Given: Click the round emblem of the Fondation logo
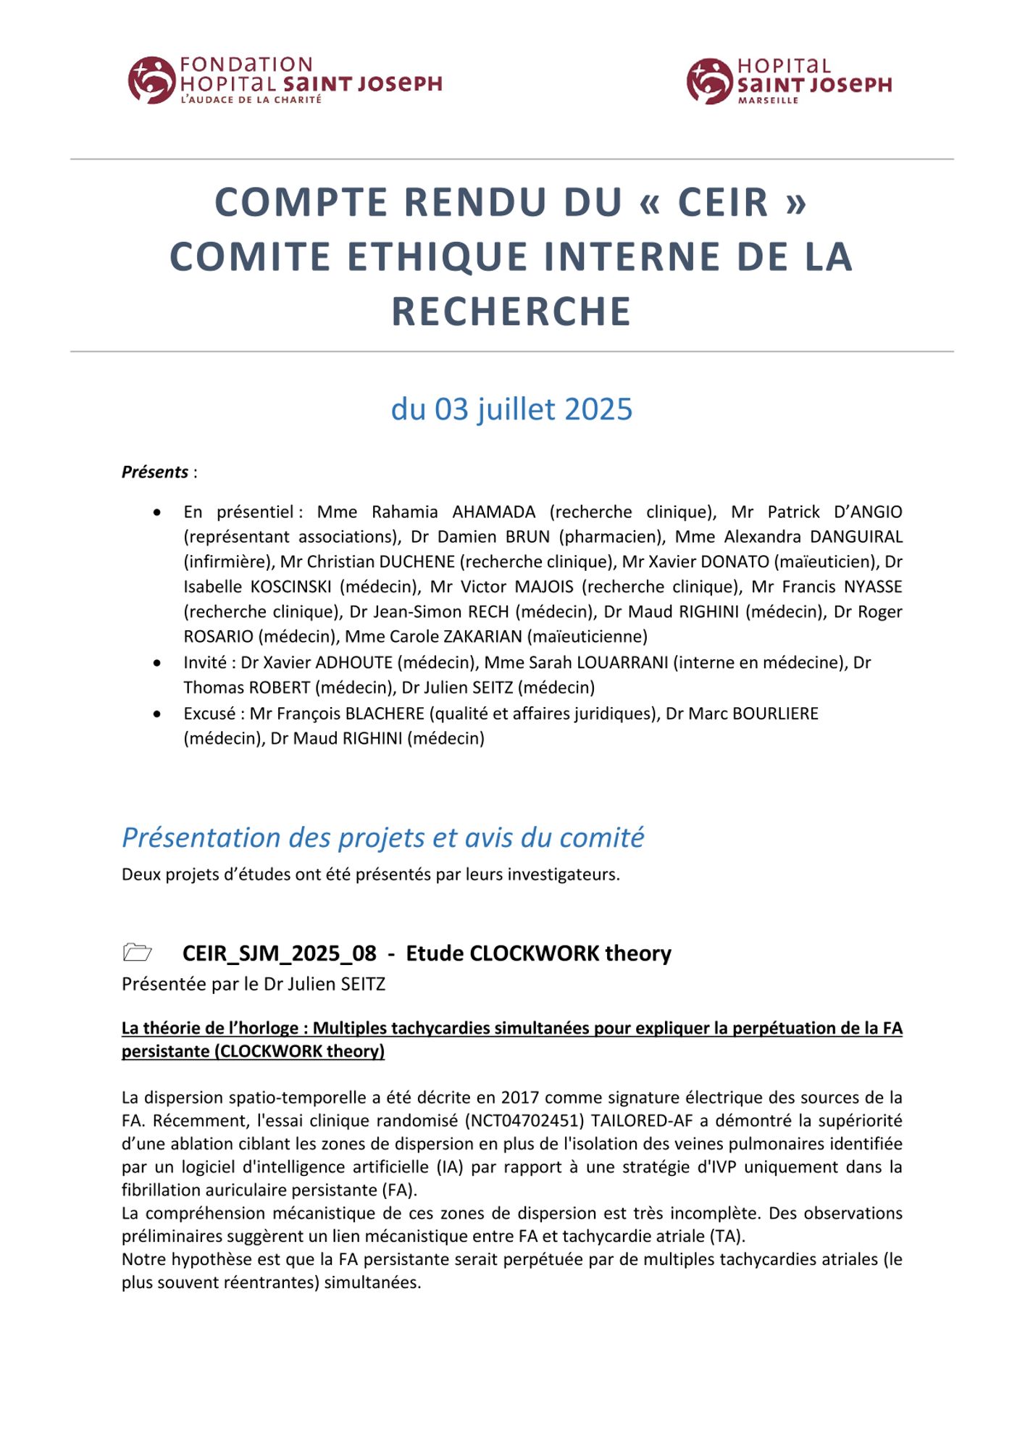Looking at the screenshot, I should click(x=151, y=80).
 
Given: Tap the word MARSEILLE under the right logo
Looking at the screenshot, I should click(x=768, y=101).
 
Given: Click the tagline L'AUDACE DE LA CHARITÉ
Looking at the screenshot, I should click(x=251, y=99).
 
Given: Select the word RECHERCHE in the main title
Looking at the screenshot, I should click(x=511, y=312).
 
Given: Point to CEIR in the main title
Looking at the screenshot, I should click(x=723, y=202).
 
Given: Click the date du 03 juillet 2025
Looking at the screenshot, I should click(x=511, y=409).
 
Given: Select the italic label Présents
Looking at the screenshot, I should click(x=155, y=472).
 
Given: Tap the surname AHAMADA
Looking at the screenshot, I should click(x=494, y=512).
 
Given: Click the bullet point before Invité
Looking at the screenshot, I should click(x=157, y=663).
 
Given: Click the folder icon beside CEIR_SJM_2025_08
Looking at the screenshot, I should click(x=138, y=952).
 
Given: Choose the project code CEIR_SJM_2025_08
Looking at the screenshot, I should click(x=280, y=953).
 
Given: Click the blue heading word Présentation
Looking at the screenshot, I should click(x=202, y=838).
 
